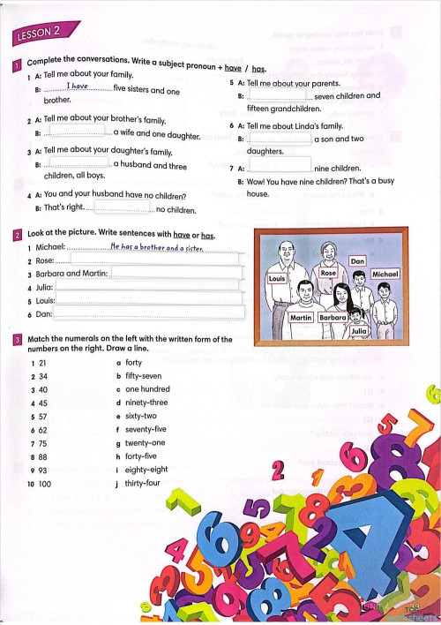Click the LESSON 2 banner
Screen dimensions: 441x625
pyautogui.click(x=38, y=34)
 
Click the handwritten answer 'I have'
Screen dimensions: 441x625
pyautogui.click(x=78, y=87)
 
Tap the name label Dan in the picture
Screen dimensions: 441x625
pyautogui.click(x=357, y=261)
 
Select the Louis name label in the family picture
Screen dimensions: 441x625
pyautogui.click(x=277, y=277)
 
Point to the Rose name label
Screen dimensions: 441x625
pyautogui.click(x=328, y=274)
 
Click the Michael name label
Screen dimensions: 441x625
pyautogui.click(x=385, y=275)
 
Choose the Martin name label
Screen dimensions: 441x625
pyautogui.click(x=301, y=317)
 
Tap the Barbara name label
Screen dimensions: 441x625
pyautogui.click(x=333, y=317)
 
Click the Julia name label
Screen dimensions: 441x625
pyautogui.click(x=359, y=331)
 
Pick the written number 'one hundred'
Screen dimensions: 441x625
pyautogui.click(x=147, y=389)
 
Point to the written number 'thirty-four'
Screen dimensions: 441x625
pyautogui.click(x=143, y=484)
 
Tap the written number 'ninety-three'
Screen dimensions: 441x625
pyautogui.click(x=146, y=403)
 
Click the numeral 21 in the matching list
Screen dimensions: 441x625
pyautogui.click(x=40, y=363)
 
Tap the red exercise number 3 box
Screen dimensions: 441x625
pyautogui.click(x=18, y=340)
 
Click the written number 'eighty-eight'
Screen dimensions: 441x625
pyautogui.click(x=146, y=470)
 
